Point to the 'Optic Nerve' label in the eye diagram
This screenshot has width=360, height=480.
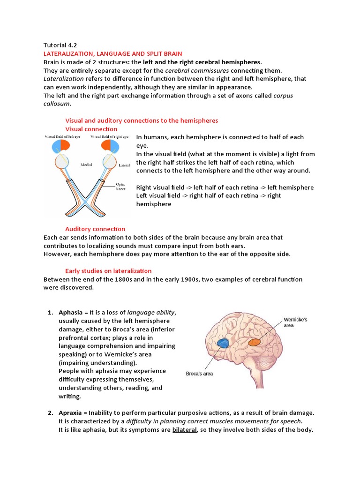pos(121,187)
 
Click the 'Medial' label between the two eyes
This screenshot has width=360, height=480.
pos(86,165)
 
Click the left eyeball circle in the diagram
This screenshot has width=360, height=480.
pos(62,162)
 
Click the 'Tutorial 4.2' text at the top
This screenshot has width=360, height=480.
pos(60,45)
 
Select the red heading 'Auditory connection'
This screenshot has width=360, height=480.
pos(95,229)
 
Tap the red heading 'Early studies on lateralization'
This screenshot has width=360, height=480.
pos(108,270)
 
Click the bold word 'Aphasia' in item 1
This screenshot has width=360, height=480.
pos(70,313)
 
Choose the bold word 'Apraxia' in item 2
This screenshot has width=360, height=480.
pos(70,413)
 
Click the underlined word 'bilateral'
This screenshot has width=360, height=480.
pos(186,430)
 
